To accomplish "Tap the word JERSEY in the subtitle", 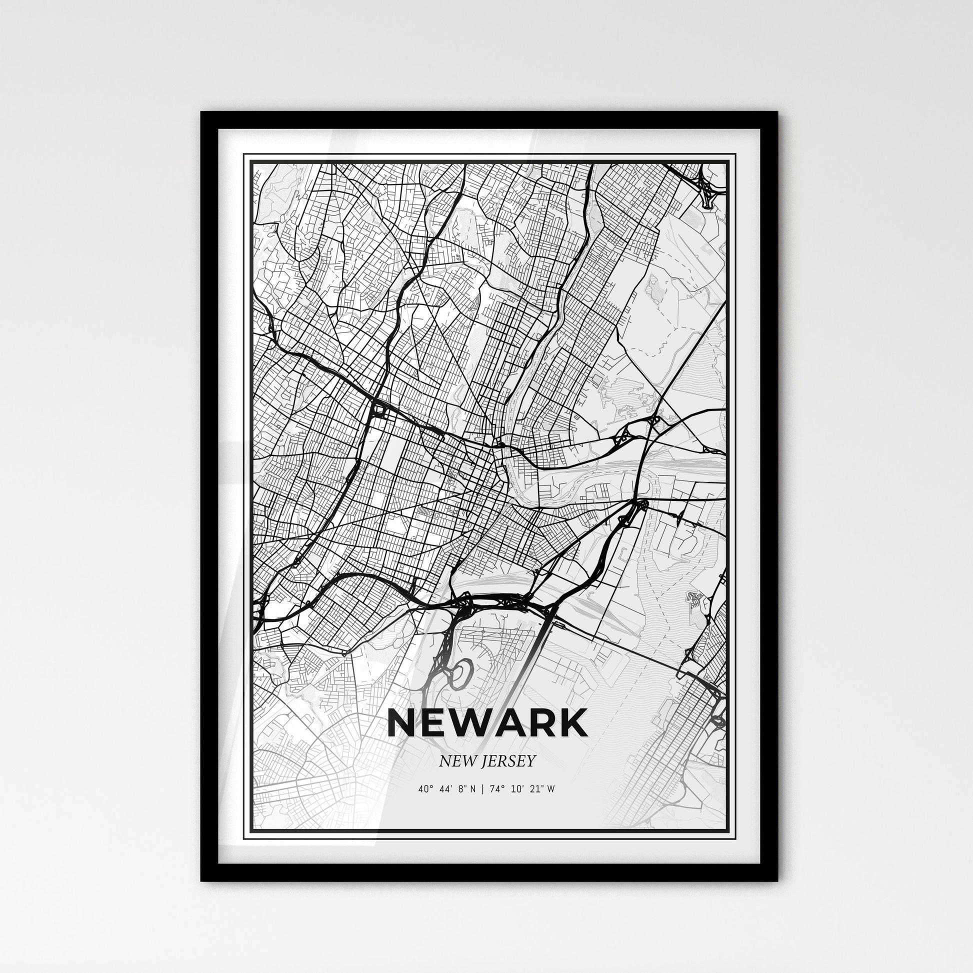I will pyautogui.click(x=507, y=761).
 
